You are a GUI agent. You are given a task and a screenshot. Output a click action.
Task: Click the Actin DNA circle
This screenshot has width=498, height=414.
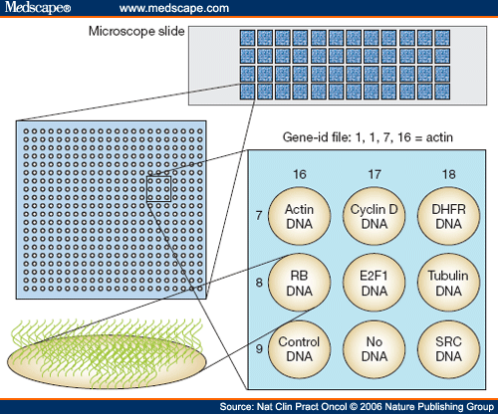300,217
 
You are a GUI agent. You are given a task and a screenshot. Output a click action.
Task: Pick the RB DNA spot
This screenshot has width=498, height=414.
300,283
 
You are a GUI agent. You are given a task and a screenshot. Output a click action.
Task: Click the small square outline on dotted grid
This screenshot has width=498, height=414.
159,187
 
